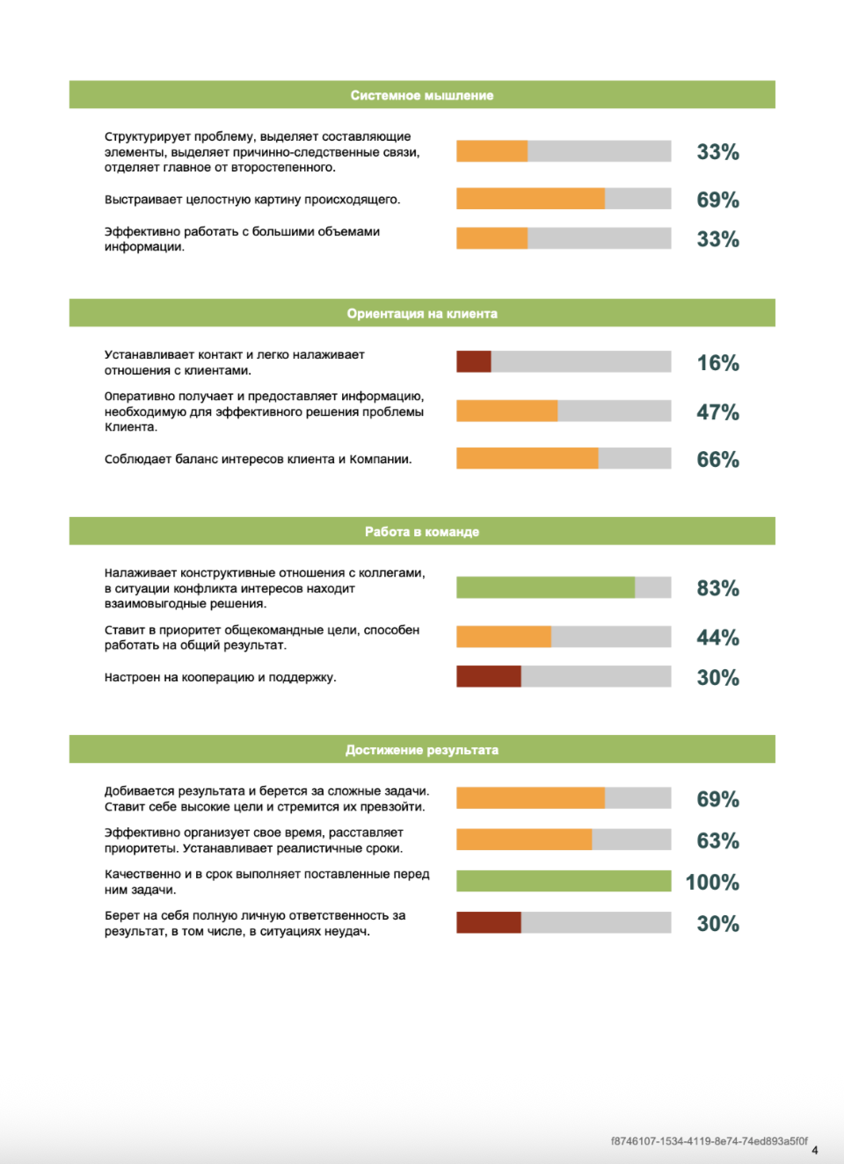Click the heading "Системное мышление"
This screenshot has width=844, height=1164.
422,95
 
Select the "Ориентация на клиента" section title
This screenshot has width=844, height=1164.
422,313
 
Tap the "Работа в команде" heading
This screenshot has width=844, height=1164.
422,531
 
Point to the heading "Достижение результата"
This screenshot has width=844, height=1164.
422,749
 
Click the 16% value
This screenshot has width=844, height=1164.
717,363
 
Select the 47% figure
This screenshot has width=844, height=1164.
717,411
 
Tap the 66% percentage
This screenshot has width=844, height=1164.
717,459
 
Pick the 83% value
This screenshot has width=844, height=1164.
717,588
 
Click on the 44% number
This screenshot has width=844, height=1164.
717,637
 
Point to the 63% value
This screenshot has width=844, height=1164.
717,840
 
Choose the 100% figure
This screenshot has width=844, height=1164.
712,882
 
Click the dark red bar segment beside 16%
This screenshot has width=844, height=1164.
474,361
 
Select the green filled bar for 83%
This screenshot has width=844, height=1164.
545,587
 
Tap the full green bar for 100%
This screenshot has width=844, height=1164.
564,881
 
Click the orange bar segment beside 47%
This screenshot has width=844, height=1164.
506,411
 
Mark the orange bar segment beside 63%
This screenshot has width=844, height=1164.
524,840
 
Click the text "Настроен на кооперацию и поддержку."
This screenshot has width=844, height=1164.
221,677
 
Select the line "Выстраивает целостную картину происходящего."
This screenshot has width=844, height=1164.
252,200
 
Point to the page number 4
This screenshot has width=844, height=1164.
815,1150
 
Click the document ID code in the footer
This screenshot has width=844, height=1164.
709,1141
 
